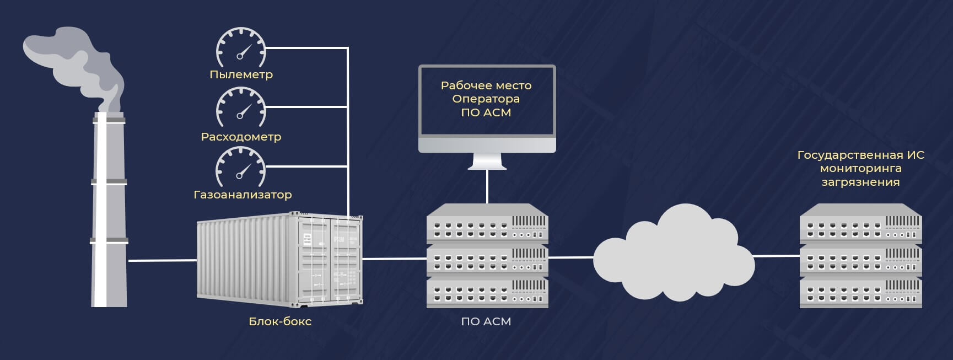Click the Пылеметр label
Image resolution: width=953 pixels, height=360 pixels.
tap(241, 74)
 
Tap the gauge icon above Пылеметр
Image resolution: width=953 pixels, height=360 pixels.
tap(241, 47)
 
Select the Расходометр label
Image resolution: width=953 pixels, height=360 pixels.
tap(241, 137)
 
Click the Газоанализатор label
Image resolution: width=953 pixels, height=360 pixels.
tap(243, 195)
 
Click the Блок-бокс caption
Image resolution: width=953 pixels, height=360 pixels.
tap(280, 321)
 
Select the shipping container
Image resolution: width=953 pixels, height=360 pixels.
tap(280, 259)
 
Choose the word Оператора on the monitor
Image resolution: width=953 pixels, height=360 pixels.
tap(486, 99)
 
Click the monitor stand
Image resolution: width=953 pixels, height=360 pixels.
tap(487, 161)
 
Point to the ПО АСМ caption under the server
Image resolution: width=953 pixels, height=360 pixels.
tap(486, 321)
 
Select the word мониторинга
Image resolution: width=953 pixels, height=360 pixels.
tap(860, 169)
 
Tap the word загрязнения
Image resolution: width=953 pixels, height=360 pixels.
tap(860, 182)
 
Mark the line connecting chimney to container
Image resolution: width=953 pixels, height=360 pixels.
tap(162, 260)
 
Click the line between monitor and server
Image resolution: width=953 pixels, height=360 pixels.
tap(487, 186)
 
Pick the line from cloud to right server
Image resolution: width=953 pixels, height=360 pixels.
tap(776, 256)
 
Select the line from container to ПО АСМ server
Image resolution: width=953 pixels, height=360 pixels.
tap(395, 258)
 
